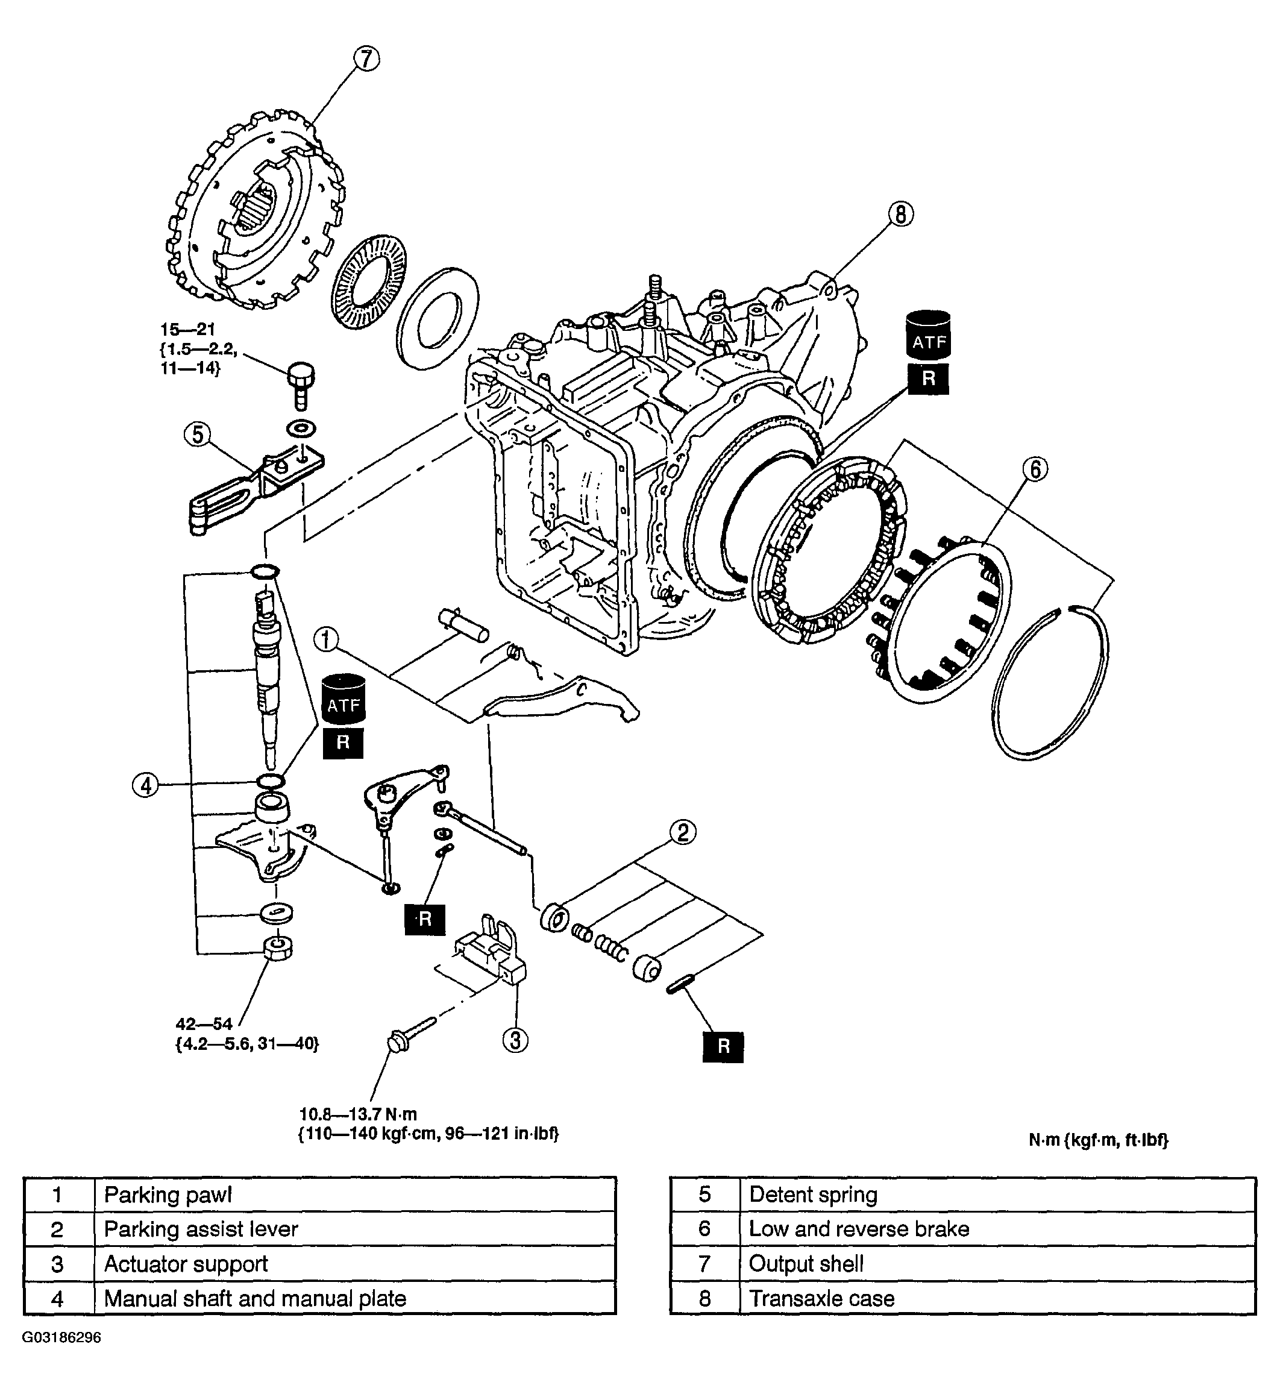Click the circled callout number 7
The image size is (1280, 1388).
click(x=366, y=60)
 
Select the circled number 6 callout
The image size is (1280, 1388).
click(x=1035, y=469)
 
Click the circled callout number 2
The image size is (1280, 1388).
click(x=682, y=832)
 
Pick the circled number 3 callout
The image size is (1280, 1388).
click(x=515, y=1040)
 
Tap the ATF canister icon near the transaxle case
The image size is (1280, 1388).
click(x=929, y=335)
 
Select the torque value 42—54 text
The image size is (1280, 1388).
click(x=204, y=1025)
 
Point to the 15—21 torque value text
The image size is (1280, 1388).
click(x=187, y=330)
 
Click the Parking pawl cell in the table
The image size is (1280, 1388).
click(x=168, y=1195)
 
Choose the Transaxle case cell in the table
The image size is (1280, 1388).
click(x=821, y=1298)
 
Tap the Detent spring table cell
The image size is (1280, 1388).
click(x=813, y=1195)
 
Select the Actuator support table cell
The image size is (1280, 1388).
click(x=186, y=1264)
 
